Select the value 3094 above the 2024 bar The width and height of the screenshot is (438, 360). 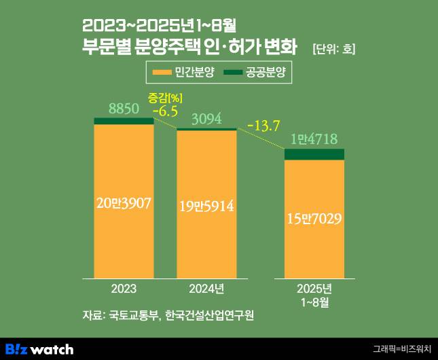click(x=206, y=120)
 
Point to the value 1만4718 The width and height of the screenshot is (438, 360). click(x=314, y=140)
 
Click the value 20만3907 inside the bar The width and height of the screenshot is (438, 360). click(x=124, y=202)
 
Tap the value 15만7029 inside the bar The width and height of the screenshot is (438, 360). click(x=314, y=218)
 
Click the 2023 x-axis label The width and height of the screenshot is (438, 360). click(x=123, y=288)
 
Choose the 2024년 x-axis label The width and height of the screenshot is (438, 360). click(x=206, y=288)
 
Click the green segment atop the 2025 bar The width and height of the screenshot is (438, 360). click(x=314, y=154)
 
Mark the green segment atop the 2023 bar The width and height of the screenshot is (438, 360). click(x=124, y=121)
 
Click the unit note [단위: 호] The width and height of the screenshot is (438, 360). click(x=333, y=50)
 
